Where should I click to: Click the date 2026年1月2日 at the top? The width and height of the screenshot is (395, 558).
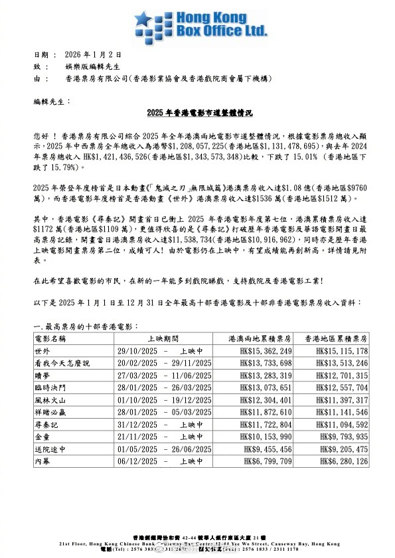91,54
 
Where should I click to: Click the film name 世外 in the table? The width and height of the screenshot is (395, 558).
43,351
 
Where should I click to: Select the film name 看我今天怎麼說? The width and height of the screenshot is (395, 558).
62,364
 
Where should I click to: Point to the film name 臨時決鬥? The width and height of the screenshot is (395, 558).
52,388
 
